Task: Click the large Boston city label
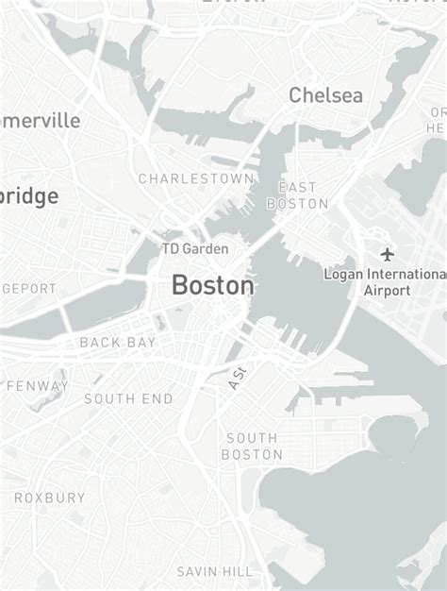click(x=212, y=285)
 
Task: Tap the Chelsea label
click(x=325, y=95)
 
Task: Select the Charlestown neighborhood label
click(x=196, y=178)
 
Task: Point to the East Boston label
click(x=297, y=195)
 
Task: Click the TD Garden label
click(x=194, y=248)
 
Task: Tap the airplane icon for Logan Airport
click(x=387, y=254)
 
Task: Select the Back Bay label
click(x=118, y=342)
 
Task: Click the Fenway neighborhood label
click(x=38, y=386)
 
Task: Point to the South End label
click(x=128, y=399)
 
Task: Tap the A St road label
click(x=236, y=379)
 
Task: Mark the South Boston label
click(x=252, y=446)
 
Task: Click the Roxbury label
click(x=49, y=498)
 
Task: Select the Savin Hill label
click(x=215, y=571)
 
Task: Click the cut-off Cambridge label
click(x=28, y=196)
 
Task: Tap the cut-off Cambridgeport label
click(x=28, y=289)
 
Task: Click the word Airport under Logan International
click(x=387, y=291)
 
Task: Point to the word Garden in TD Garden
click(x=206, y=248)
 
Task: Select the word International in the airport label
click(x=400, y=274)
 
